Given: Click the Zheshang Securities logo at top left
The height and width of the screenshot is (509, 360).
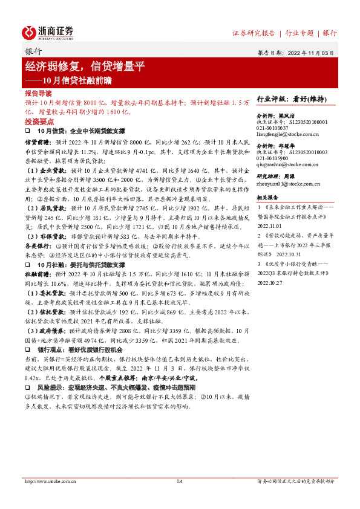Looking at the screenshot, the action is [48, 32].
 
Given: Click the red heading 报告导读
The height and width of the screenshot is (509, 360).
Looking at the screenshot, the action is [38, 94].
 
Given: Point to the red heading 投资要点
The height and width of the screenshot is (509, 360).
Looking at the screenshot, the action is [38, 121].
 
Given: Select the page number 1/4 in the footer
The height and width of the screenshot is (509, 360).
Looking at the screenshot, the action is [179, 481].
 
